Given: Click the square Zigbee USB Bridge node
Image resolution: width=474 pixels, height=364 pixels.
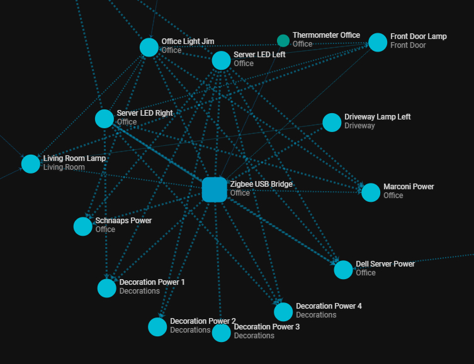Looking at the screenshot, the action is click(x=214, y=190).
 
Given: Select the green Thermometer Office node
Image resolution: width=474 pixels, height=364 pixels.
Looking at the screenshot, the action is click(x=283, y=41).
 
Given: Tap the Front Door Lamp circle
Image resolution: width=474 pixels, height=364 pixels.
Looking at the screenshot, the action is click(x=378, y=42).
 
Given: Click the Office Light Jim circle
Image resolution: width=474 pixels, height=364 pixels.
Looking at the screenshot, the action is click(x=149, y=47).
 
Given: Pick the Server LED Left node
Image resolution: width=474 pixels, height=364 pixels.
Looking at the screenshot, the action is click(x=222, y=60).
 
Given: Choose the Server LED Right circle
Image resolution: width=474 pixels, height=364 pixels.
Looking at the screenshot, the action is click(x=104, y=119).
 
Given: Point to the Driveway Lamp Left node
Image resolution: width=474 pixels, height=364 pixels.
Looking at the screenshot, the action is click(x=332, y=123).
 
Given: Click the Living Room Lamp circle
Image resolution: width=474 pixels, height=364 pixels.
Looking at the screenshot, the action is click(x=31, y=164).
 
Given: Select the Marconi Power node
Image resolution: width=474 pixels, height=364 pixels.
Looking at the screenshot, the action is click(x=371, y=192).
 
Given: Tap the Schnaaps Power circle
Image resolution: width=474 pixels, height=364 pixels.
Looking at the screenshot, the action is click(x=83, y=226).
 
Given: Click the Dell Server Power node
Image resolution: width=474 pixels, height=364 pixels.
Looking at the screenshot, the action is click(x=343, y=270).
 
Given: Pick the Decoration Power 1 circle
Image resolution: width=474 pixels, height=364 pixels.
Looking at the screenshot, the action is click(x=107, y=288).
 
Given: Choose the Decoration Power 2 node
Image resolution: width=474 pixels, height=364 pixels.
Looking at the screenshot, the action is click(x=157, y=327).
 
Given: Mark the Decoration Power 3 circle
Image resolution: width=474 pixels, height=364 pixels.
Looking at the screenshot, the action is click(x=222, y=333).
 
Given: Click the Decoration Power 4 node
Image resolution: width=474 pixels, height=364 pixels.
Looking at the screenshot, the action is click(x=283, y=312).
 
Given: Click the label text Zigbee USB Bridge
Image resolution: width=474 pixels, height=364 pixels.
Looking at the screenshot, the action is click(x=261, y=184).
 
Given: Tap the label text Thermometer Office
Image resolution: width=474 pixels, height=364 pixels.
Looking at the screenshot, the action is click(x=327, y=35).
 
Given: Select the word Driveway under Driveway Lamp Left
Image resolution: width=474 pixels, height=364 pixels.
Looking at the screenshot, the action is click(x=359, y=126).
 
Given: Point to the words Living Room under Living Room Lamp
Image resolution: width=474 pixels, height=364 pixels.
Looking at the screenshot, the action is click(x=64, y=167).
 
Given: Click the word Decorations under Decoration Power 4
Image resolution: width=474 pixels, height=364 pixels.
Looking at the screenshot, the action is click(x=316, y=315).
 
